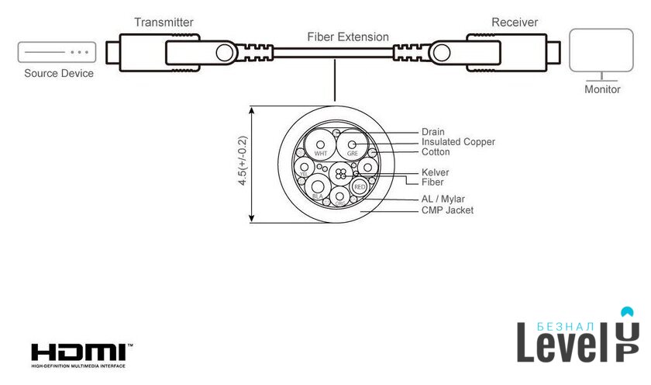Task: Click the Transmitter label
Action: tap(164, 23)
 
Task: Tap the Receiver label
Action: tap(515, 22)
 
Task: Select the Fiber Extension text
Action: tap(348, 36)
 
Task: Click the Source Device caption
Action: tap(59, 74)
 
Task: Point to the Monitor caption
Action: tap(602, 89)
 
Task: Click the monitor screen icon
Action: tap(602, 53)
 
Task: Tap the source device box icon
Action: tap(57, 53)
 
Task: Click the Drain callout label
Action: tap(433, 132)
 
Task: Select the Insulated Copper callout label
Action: tap(458, 142)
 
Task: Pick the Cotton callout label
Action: tap(436, 152)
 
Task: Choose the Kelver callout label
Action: tap(436, 172)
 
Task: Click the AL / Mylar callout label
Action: tap(443, 199)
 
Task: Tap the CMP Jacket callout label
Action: tap(447, 210)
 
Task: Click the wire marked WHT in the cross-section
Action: tap(319, 145)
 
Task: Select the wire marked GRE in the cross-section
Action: tap(352, 145)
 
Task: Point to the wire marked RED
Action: tap(359, 187)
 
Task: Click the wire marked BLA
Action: tap(318, 189)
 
